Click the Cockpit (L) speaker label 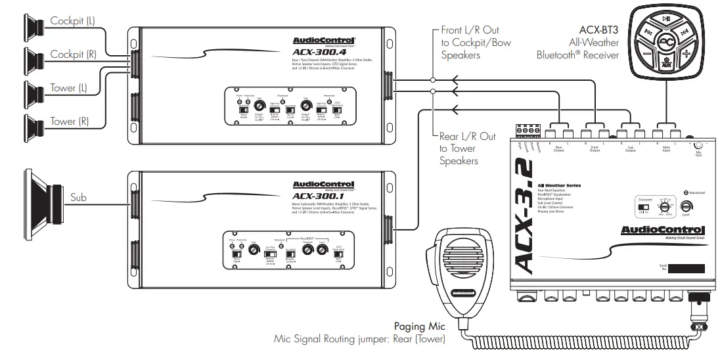[x=72, y=21]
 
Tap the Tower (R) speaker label [x=73, y=122]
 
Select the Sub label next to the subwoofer [x=79, y=196]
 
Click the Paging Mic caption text [x=419, y=326]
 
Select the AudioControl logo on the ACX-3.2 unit [x=663, y=229]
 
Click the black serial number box [x=679, y=269]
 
